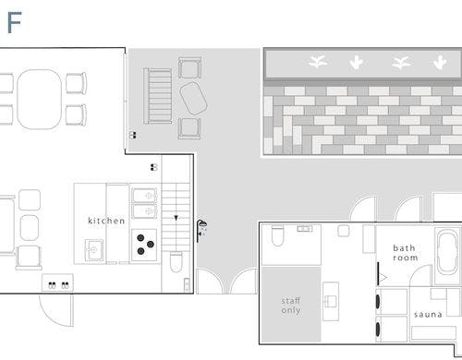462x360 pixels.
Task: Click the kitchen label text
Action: pos(106,221)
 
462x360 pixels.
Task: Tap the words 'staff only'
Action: pos(291,306)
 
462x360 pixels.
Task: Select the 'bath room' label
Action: pos(405,253)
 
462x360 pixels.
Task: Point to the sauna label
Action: pos(428,315)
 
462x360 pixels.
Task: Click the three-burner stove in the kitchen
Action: pos(144,245)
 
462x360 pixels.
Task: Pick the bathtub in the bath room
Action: pos(447,253)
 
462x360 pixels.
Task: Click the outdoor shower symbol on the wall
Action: pos(201,231)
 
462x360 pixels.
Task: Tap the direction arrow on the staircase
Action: pos(176,218)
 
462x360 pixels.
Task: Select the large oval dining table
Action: pos(40,100)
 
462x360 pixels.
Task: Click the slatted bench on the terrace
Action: pos(158,96)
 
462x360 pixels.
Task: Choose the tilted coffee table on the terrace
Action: pos(193,99)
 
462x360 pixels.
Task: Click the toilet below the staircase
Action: pos(176,261)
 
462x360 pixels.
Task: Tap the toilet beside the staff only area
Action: pos(277,236)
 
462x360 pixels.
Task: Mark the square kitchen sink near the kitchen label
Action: pos(94,250)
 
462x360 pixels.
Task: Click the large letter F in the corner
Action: pos(14,22)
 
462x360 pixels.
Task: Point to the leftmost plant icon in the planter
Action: pos(318,62)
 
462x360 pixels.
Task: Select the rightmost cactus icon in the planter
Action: pos(440,63)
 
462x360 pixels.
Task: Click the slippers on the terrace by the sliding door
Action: pos(133,135)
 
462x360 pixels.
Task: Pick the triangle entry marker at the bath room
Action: pos(383,278)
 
